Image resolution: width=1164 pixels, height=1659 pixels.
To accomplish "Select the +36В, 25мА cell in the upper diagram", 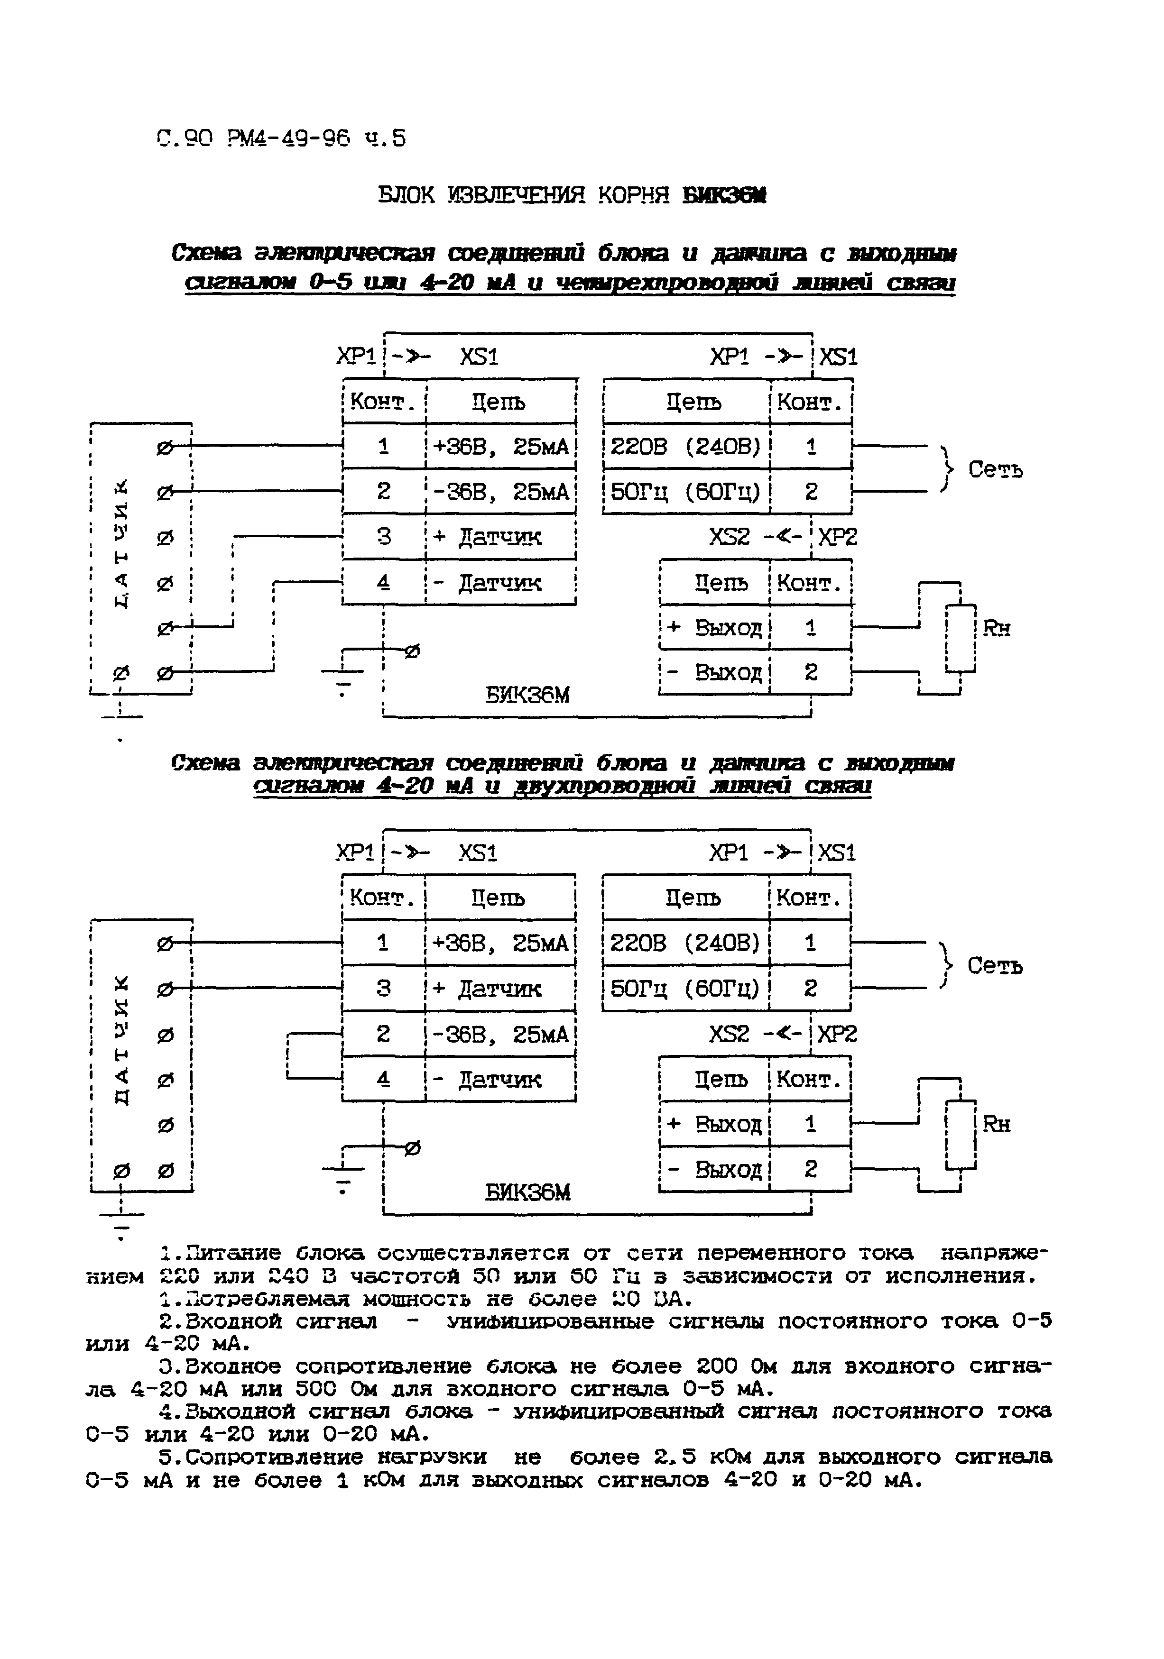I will tap(500, 447).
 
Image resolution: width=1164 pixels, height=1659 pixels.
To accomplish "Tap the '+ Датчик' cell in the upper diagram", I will tap(500, 537).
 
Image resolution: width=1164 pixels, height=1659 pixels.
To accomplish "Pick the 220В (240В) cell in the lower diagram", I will tap(685, 943).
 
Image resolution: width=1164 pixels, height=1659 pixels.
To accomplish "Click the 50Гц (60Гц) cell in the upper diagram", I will tap(685, 492).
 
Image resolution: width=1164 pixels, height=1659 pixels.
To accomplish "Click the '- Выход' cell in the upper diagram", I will tap(714, 673).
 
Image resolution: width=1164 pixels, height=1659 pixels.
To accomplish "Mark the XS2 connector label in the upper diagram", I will tap(730, 537).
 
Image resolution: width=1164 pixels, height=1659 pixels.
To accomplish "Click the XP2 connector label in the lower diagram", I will tap(837, 1034).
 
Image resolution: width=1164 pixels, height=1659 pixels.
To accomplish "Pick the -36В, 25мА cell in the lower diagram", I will tap(500, 1035).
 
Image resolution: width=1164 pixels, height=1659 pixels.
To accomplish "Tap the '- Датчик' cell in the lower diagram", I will tap(500, 1080).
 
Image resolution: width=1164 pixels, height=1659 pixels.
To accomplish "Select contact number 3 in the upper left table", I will tap(384, 537).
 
